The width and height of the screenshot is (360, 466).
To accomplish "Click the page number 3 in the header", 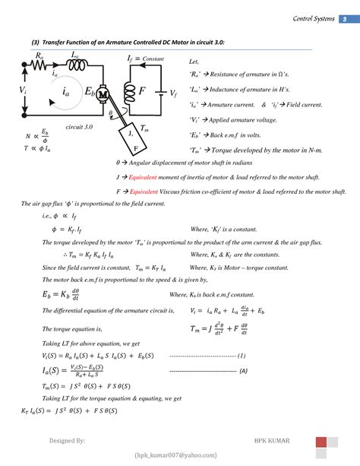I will [x=343, y=19].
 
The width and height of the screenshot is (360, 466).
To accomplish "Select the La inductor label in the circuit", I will [x=74, y=55].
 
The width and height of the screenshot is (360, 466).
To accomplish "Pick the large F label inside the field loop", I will [x=141, y=90].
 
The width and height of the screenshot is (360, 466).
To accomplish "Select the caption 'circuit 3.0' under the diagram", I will [x=79, y=128].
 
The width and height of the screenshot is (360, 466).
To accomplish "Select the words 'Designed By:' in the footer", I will [x=67, y=440].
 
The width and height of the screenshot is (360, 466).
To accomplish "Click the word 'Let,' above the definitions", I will [x=192, y=61].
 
